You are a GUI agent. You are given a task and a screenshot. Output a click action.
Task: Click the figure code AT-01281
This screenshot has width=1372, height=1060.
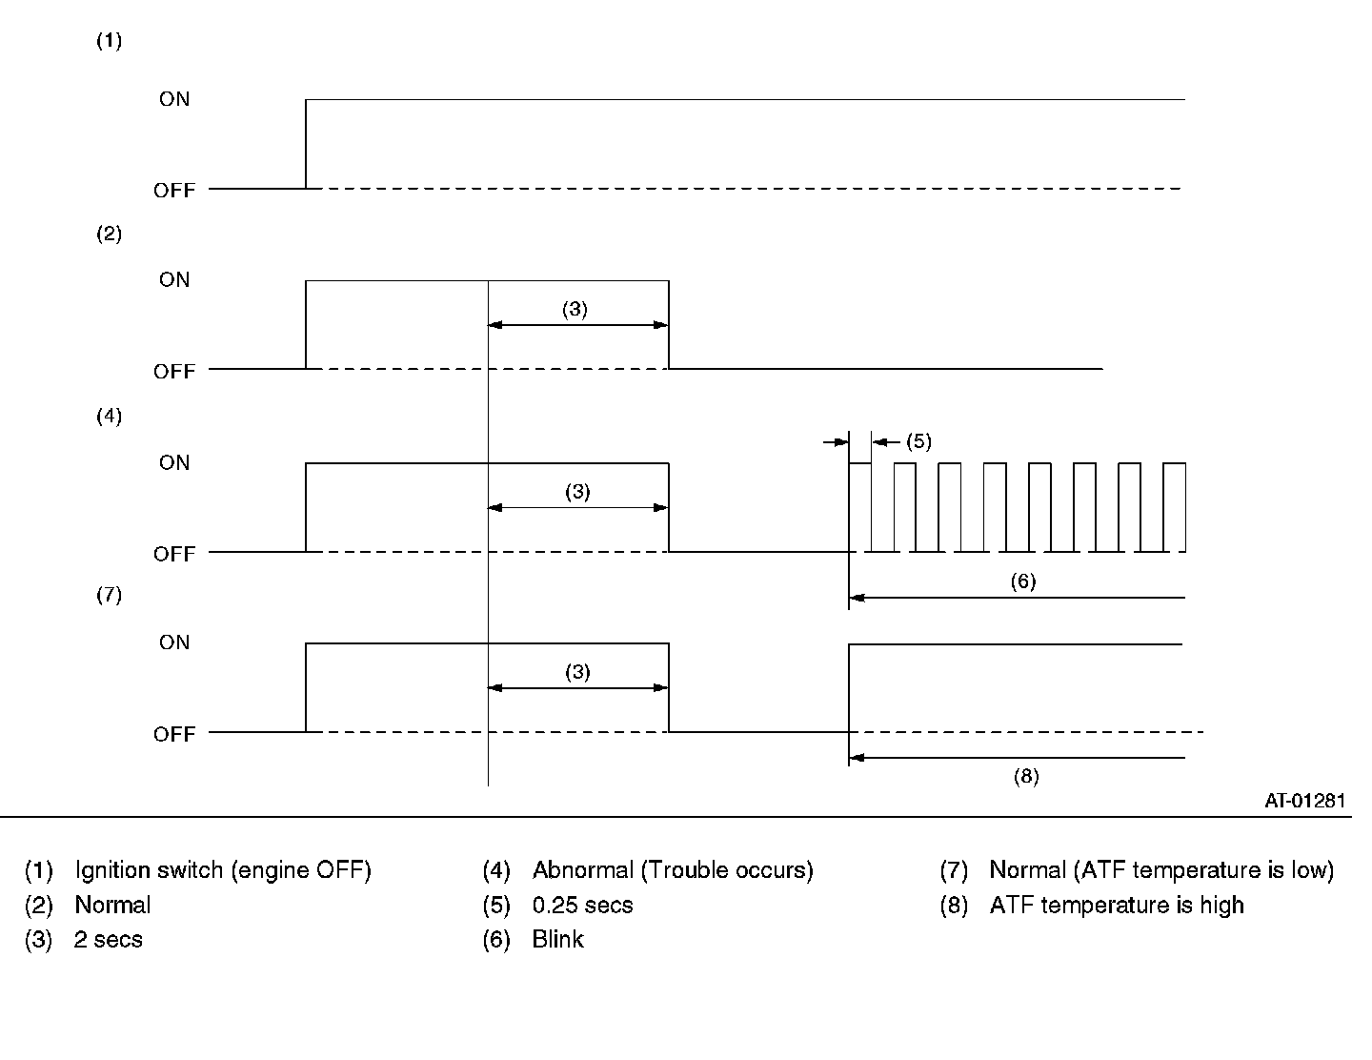[1304, 801]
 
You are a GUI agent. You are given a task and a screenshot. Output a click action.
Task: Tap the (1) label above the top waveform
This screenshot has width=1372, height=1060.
[110, 41]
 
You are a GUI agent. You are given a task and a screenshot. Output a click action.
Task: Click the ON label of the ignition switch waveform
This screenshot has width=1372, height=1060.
[174, 99]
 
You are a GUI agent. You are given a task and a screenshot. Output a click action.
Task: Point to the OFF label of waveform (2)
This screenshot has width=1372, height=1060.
[173, 372]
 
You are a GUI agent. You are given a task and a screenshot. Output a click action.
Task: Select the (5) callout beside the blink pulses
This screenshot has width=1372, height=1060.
[918, 441]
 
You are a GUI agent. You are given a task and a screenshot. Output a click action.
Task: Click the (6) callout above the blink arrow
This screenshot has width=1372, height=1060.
[1022, 581]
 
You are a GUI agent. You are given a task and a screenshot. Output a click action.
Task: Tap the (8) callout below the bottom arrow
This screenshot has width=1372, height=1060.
[1025, 776]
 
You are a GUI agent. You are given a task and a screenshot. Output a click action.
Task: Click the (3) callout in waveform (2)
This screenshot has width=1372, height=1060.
[575, 309]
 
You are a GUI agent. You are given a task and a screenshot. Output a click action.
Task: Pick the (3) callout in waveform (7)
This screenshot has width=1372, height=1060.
[577, 672]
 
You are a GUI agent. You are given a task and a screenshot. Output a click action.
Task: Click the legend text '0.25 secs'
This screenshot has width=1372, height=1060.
[582, 905]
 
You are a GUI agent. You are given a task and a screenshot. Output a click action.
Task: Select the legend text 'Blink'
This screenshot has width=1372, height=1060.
[557, 940]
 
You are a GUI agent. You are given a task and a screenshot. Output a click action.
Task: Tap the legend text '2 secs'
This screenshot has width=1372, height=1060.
[109, 940]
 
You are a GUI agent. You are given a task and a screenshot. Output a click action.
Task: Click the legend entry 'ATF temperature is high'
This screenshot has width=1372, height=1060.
[1117, 905]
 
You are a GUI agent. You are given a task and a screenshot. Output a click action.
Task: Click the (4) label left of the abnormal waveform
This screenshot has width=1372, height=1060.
[110, 416]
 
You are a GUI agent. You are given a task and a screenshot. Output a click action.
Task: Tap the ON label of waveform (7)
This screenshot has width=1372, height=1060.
[174, 642]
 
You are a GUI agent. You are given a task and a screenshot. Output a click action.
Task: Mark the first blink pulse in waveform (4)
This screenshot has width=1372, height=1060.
[859, 506]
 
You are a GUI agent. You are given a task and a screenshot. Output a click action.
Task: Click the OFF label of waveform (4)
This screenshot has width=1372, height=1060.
[173, 554]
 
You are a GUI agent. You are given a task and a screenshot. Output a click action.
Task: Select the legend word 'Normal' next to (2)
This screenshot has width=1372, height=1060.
[112, 905]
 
